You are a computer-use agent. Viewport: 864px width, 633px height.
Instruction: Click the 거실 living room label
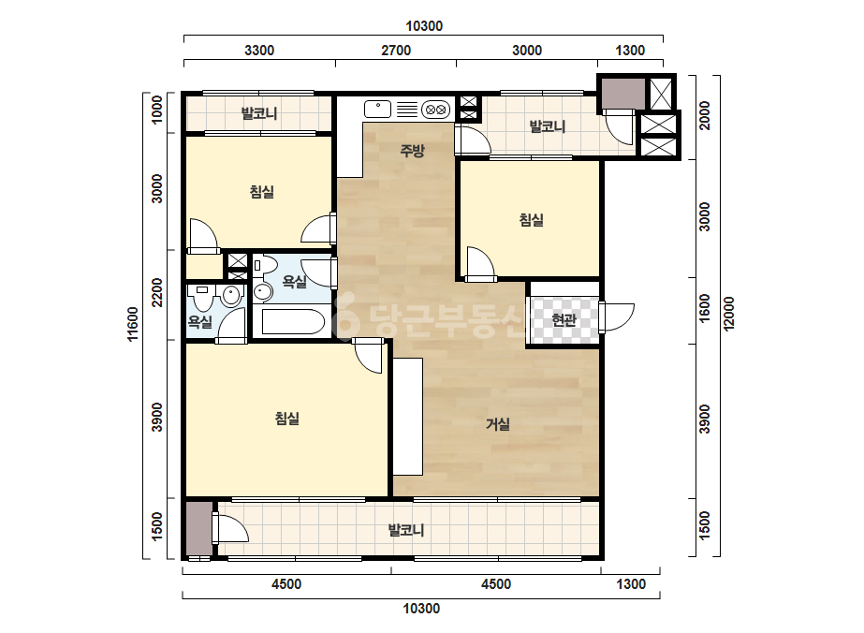click(x=498, y=424)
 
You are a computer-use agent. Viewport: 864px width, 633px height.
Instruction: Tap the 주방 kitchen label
click(x=412, y=150)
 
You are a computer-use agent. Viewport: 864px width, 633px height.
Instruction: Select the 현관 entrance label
click(x=564, y=319)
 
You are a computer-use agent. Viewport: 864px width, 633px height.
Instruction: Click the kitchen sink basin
click(x=378, y=110)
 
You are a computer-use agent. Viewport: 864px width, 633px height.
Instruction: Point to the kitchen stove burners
click(x=436, y=110)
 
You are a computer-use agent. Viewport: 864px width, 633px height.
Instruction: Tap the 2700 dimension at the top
click(x=396, y=51)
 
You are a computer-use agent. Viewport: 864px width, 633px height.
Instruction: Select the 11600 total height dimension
click(x=133, y=324)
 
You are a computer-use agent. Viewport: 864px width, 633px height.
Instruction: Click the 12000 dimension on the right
click(x=729, y=314)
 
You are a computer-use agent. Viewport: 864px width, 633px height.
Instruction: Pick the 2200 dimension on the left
click(x=157, y=293)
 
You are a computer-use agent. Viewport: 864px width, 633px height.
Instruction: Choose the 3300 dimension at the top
click(x=259, y=51)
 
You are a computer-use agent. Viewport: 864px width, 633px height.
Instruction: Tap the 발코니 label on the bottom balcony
click(x=406, y=530)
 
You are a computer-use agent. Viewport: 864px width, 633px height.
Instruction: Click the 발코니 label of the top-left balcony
click(x=259, y=113)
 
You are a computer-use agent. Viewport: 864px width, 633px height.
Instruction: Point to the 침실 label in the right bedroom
click(x=531, y=220)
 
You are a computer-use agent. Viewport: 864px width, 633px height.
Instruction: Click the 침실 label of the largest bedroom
click(x=286, y=419)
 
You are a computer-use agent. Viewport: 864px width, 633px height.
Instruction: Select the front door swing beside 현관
click(x=617, y=317)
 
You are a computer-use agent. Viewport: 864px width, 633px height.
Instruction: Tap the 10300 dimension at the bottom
click(x=421, y=609)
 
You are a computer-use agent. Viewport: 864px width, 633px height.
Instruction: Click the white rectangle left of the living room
click(x=408, y=417)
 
